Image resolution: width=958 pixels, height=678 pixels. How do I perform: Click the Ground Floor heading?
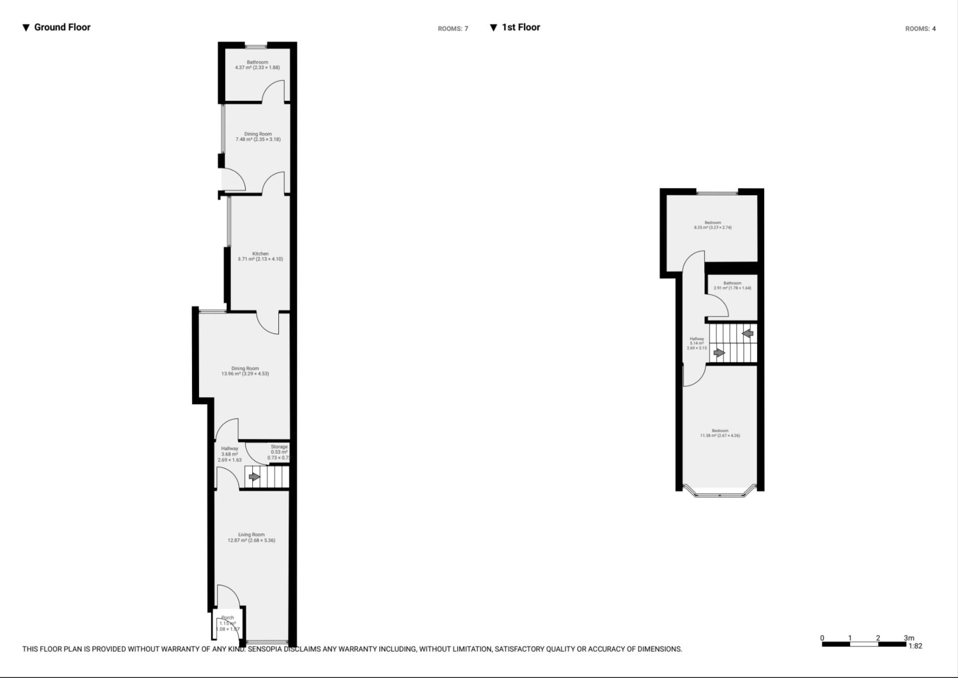[62, 27]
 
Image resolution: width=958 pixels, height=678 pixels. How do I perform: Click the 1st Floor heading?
[520, 27]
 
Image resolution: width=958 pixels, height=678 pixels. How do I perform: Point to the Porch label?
[228, 618]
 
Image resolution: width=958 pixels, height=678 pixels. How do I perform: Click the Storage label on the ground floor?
[279, 447]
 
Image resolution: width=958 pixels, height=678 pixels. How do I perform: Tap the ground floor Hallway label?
[230, 449]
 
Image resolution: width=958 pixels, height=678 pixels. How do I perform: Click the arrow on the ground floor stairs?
[254, 477]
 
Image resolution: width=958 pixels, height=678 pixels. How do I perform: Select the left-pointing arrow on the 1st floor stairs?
[748, 333]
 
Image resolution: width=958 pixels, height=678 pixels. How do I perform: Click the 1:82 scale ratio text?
[915, 646]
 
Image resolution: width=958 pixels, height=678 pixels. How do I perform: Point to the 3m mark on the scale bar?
[908, 638]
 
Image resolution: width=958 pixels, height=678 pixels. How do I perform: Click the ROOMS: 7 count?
[453, 29]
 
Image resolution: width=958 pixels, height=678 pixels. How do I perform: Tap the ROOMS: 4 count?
[920, 29]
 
